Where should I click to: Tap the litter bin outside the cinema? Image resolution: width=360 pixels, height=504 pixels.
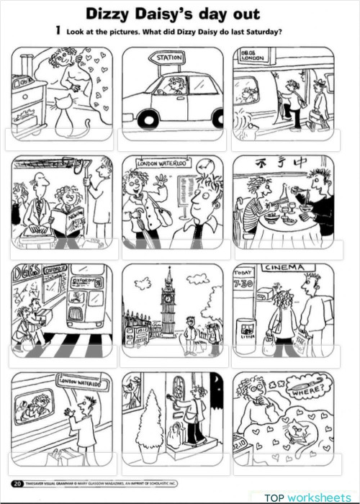[x=246, y=332]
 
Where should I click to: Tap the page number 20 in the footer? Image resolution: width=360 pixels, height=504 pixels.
[x=17, y=482]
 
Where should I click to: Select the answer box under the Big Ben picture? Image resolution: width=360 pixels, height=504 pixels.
[x=173, y=356]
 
